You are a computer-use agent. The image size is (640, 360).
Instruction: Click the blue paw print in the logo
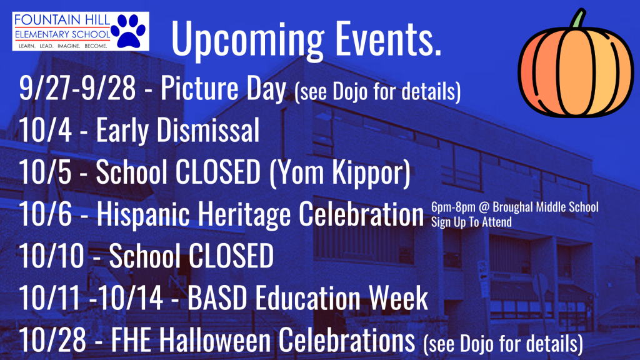point(128,31)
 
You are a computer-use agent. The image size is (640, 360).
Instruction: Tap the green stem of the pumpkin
point(578,19)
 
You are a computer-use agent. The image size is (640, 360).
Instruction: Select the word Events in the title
point(388,37)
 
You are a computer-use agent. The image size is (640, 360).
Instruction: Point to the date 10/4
point(45,130)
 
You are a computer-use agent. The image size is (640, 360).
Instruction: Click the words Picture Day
point(223,89)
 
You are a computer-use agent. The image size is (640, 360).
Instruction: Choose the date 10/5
point(45,172)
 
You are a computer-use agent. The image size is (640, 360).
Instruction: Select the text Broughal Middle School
point(546,207)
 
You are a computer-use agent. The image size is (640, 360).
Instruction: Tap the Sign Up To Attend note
point(471,222)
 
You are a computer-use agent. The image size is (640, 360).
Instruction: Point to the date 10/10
point(51,256)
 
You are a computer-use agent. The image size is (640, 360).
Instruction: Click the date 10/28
point(52,339)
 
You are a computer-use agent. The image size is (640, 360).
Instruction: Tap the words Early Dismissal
point(178,130)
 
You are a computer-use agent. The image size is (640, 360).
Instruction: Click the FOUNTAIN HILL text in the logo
point(62,19)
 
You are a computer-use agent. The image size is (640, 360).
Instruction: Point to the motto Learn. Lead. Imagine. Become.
point(63,46)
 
